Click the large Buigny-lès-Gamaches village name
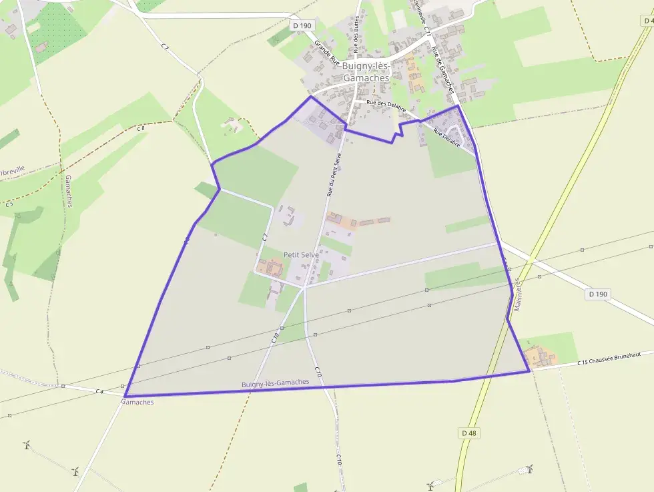(x=365, y=72)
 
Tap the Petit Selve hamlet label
(x=301, y=254)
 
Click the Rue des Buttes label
(x=356, y=33)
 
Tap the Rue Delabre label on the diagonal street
(x=446, y=138)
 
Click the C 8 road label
(x=141, y=128)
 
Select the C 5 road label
(x=9, y=204)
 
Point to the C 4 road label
(x=99, y=391)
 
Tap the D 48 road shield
(x=469, y=433)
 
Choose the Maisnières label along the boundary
(x=517, y=293)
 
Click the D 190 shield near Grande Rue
(x=302, y=25)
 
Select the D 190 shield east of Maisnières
(x=599, y=294)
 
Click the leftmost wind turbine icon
(x=27, y=444)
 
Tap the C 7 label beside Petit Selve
(x=265, y=236)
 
